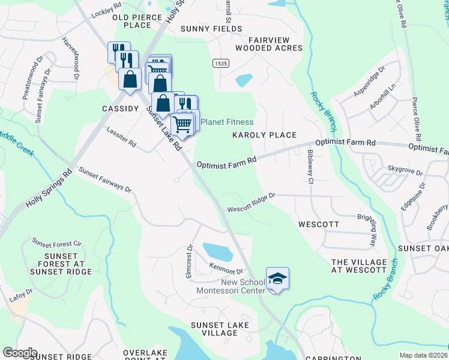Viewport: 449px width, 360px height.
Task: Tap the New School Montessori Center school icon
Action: [x=277, y=278]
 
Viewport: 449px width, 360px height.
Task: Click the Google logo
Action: [x=19, y=352]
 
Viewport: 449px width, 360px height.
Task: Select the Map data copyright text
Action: [x=423, y=355]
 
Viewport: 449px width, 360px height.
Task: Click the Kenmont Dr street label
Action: [x=226, y=268]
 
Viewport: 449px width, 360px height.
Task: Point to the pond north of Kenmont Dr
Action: [x=217, y=251]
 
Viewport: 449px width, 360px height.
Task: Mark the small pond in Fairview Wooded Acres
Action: [x=244, y=80]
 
